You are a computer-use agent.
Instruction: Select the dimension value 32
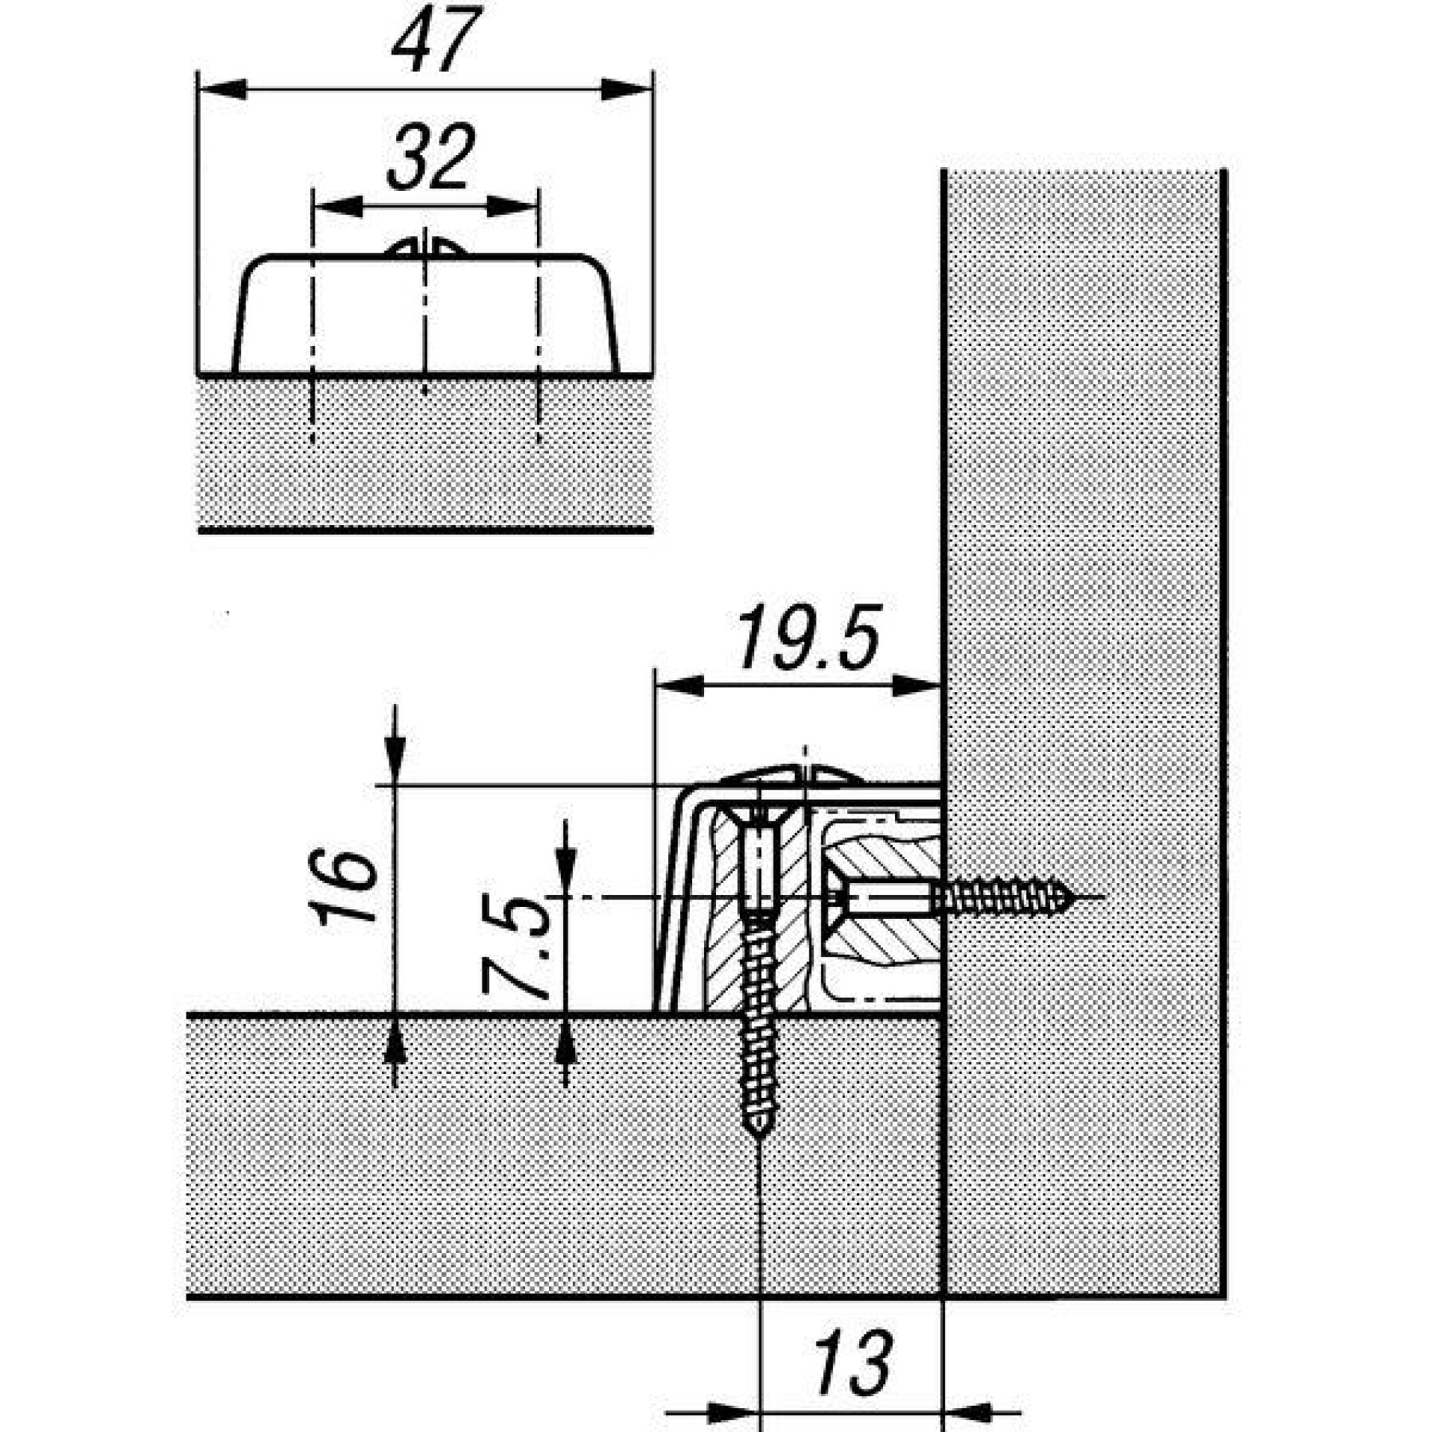coord(430,158)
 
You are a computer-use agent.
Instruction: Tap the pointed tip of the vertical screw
coord(759,1153)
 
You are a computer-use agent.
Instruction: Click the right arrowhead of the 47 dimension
coord(626,89)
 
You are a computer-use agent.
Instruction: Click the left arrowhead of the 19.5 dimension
coord(679,686)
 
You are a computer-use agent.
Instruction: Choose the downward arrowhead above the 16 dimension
coord(395,761)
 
